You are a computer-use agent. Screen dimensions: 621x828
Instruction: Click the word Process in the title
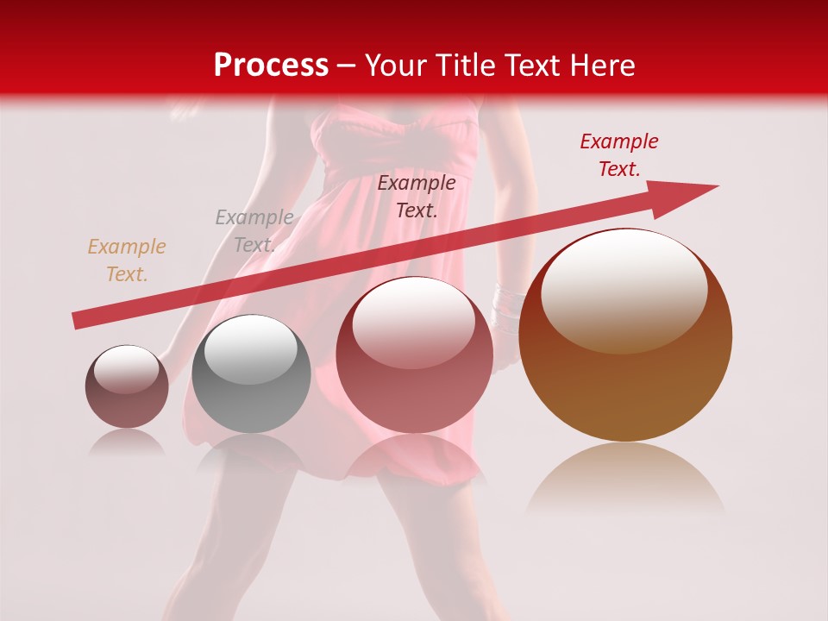(x=271, y=66)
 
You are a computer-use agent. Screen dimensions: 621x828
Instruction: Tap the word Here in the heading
(x=602, y=66)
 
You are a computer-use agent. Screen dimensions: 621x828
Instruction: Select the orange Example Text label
(x=127, y=260)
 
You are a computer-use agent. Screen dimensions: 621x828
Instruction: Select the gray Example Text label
(x=254, y=230)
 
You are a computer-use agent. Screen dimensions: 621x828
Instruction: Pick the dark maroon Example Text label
(x=417, y=196)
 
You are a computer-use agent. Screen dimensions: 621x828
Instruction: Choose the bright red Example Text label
(x=618, y=155)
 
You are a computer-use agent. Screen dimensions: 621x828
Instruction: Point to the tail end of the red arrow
(x=79, y=321)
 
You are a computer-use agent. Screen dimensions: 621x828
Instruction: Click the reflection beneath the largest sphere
(x=625, y=483)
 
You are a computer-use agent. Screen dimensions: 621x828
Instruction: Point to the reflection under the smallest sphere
(x=128, y=443)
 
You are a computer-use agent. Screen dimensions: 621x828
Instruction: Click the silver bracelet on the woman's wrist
(x=509, y=304)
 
